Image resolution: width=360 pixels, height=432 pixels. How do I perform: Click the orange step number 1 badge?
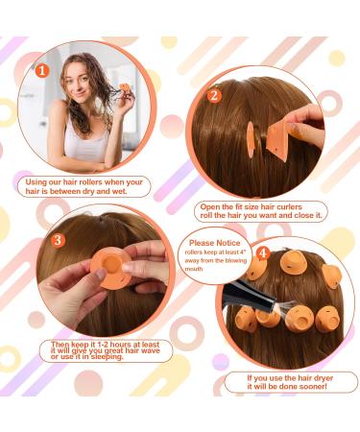41,69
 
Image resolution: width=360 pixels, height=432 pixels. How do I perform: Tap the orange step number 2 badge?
214,95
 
